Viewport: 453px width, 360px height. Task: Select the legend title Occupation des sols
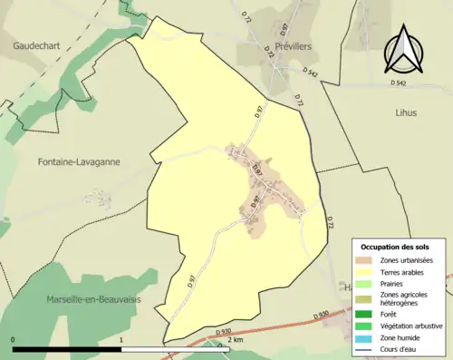(x=396, y=247)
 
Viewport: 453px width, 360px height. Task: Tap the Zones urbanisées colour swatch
(x=368, y=260)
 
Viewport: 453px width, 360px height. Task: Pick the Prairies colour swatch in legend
(x=368, y=283)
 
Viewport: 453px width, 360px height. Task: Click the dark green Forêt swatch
(x=368, y=314)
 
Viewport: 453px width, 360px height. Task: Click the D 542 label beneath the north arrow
(x=400, y=83)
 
